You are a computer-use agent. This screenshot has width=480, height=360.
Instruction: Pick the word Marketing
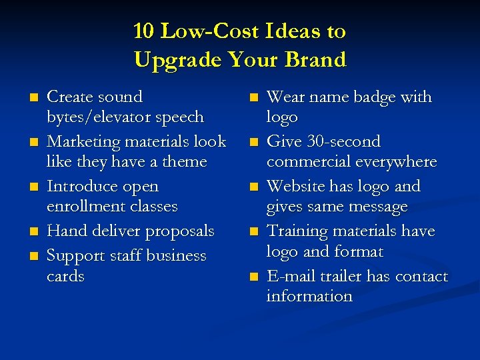[x=80, y=141]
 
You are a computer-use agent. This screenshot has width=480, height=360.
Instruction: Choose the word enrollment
[x=85, y=206]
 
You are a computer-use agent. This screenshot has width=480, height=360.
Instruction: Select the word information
[x=309, y=296]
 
